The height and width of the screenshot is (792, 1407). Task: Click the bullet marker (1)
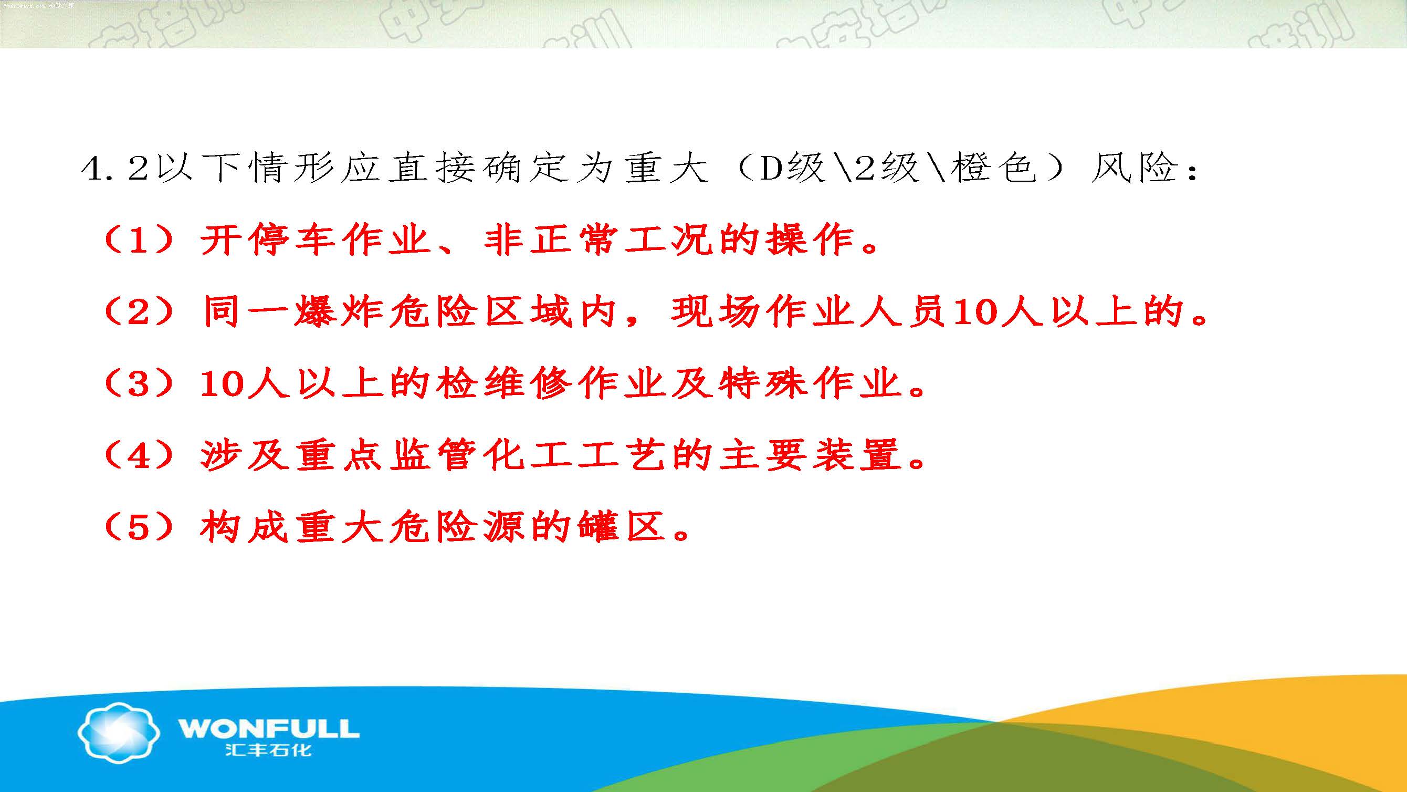tap(139, 241)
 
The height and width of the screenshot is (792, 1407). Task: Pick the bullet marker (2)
tap(139, 312)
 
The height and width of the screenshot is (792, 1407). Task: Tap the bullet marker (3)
tap(139, 384)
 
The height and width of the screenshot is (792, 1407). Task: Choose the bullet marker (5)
tap(139, 527)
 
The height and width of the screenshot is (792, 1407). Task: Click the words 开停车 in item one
tap(268, 240)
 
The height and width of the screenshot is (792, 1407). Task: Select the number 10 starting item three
tap(222, 384)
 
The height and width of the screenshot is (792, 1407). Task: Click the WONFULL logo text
tap(268, 728)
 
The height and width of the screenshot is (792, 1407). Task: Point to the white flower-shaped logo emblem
tap(119, 732)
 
